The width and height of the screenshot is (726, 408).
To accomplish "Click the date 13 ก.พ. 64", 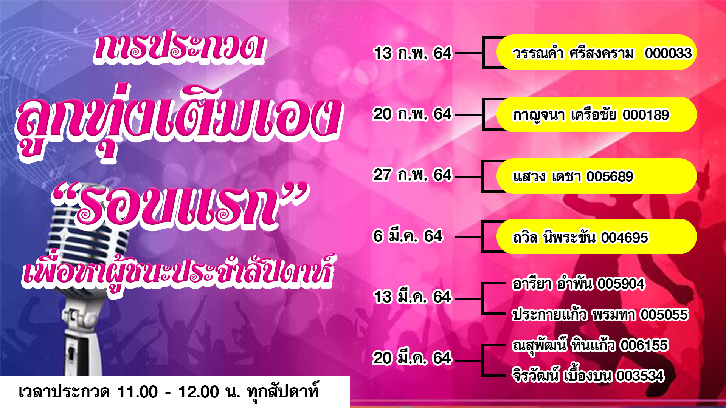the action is (413, 53).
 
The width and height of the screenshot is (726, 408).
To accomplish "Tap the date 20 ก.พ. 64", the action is (412, 114).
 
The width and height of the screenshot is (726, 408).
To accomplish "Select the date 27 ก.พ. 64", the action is (412, 175).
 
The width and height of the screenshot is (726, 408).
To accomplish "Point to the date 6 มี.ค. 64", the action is (408, 236).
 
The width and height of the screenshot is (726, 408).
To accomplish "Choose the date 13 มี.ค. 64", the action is (413, 297).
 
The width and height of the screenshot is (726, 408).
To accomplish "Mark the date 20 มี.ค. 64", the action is (412, 358).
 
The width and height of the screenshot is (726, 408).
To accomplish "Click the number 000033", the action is (669, 53).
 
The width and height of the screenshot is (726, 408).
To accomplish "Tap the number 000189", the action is (646, 115).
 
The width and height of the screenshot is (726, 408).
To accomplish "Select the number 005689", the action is (610, 176).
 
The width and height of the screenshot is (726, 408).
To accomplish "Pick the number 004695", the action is (625, 238).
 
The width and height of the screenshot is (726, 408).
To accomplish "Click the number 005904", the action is (621, 284).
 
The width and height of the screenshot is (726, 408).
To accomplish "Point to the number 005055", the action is (664, 315).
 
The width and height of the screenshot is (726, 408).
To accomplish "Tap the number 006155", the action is (644, 345).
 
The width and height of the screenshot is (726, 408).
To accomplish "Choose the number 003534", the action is (640, 376).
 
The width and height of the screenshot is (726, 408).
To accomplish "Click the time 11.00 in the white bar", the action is (138, 392).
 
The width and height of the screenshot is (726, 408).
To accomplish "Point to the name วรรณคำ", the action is (538, 53).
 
